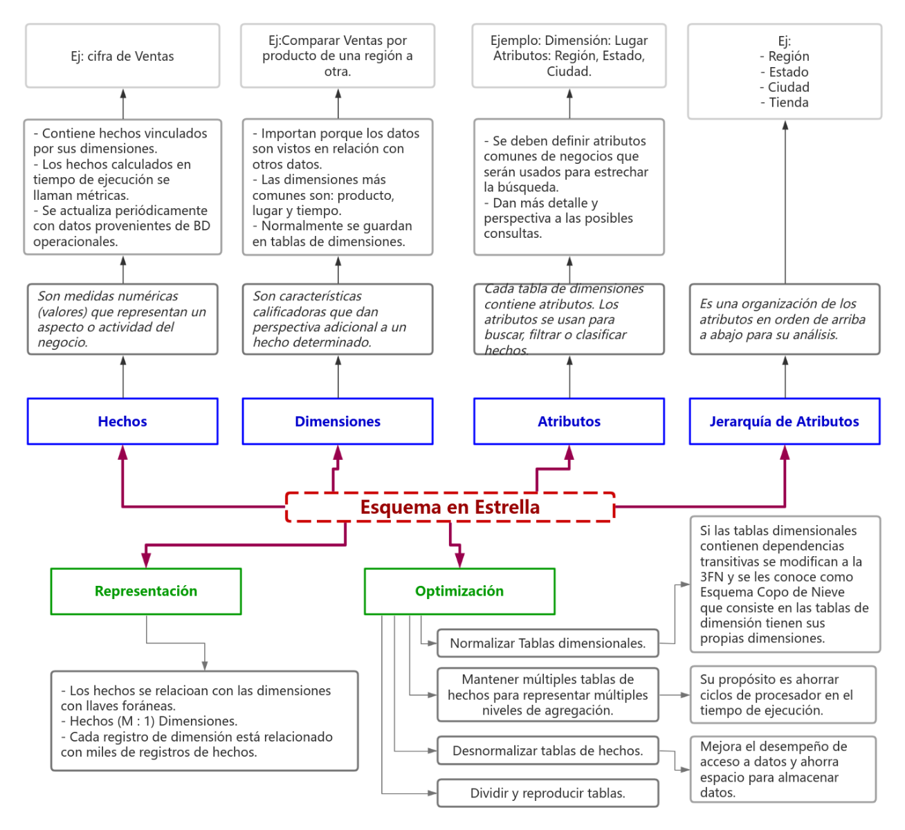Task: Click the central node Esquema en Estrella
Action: coord(450,507)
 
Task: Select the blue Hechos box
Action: coord(122,421)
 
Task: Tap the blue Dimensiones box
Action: coord(338,421)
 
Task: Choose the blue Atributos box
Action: coord(569,421)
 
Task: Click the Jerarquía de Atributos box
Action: coord(784,421)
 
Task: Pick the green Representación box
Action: coord(146,591)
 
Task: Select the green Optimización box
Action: coord(459,591)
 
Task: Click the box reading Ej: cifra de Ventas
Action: coord(122,56)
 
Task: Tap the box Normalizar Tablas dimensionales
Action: coord(547,643)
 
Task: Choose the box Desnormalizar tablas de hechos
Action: coord(547,750)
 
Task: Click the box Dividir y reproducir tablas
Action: coord(547,793)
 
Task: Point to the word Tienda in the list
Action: coord(789,102)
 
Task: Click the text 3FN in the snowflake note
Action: coord(712,577)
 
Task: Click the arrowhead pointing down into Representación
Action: coord(146,560)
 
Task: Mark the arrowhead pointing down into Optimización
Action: coord(459,560)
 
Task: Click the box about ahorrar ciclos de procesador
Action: coord(783,694)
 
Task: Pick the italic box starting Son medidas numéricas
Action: coord(122,319)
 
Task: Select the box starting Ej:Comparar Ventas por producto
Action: coord(338,56)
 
